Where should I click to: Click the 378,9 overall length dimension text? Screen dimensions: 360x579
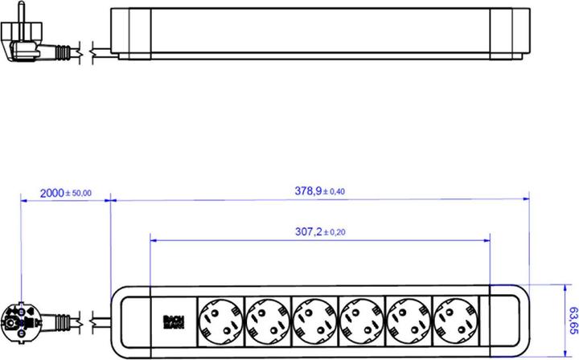click(306, 190)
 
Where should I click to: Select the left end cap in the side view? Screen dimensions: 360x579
click(129, 34)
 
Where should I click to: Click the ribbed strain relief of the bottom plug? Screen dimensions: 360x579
click(60, 321)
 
